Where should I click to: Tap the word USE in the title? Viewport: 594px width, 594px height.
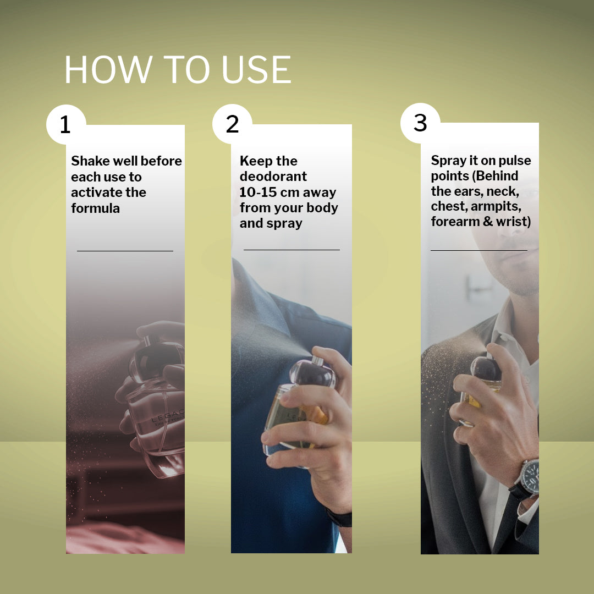(256, 69)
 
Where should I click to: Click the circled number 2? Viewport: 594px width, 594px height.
(232, 124)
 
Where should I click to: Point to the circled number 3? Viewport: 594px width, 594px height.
(420, 123)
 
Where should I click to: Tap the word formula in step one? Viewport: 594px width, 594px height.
(96, 208)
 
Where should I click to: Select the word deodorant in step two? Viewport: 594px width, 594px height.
(273, 177)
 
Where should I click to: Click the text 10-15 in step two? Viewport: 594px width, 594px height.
(257, 192)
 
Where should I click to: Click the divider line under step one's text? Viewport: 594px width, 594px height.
(125, 251)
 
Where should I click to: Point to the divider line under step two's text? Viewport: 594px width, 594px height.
(291, 250)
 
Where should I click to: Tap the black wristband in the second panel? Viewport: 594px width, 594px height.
(339, 518)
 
